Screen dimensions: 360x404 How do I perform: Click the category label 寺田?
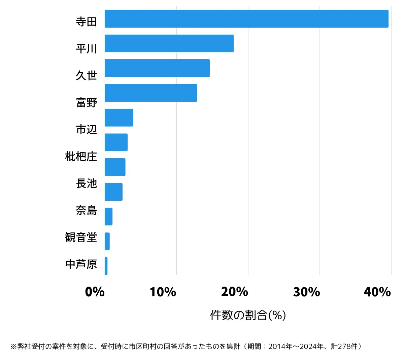pyautogui.click(x=86, y=22)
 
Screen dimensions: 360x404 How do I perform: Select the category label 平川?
pyautogui.click(x=86, y=49)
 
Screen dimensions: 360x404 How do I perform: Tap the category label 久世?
pyautogui.click(x=86, y=75)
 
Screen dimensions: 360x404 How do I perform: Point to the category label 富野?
pyautogui.click(x=86, y=102)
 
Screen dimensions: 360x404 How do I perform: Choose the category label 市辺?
pyautogui.click(x=86, y=129)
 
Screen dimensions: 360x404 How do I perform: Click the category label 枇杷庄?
pyautogui.click(x=81, y=156)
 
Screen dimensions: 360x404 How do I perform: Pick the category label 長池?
pyautogui.click(x=86, y=183)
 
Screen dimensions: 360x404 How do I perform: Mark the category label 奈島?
pyautogui.click(x=86, y=210)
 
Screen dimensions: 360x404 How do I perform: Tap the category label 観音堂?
pyautogui.click(x=81, y=237)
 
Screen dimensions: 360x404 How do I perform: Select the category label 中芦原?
pyautogui.click(x=81, y=264)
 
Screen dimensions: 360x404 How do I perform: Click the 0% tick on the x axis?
pyautogui.click(x=95, y=292)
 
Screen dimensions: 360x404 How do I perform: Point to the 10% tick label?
pyautogui.click(x=163, y=292)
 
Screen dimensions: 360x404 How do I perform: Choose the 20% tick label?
pyautogui.click(x=235, y=292)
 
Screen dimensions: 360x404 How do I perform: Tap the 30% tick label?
pyautogui.click(x=306, y=292)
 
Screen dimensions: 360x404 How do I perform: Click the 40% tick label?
pyautogui.click(x=377, y=292)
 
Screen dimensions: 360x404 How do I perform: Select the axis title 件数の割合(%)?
pyautogui.click(x=248, y=315)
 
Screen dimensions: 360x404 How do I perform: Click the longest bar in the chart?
pyautogui.click(x=246, y=19)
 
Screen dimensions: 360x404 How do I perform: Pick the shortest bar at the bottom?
pyautogui.click(x=106, y=266)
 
